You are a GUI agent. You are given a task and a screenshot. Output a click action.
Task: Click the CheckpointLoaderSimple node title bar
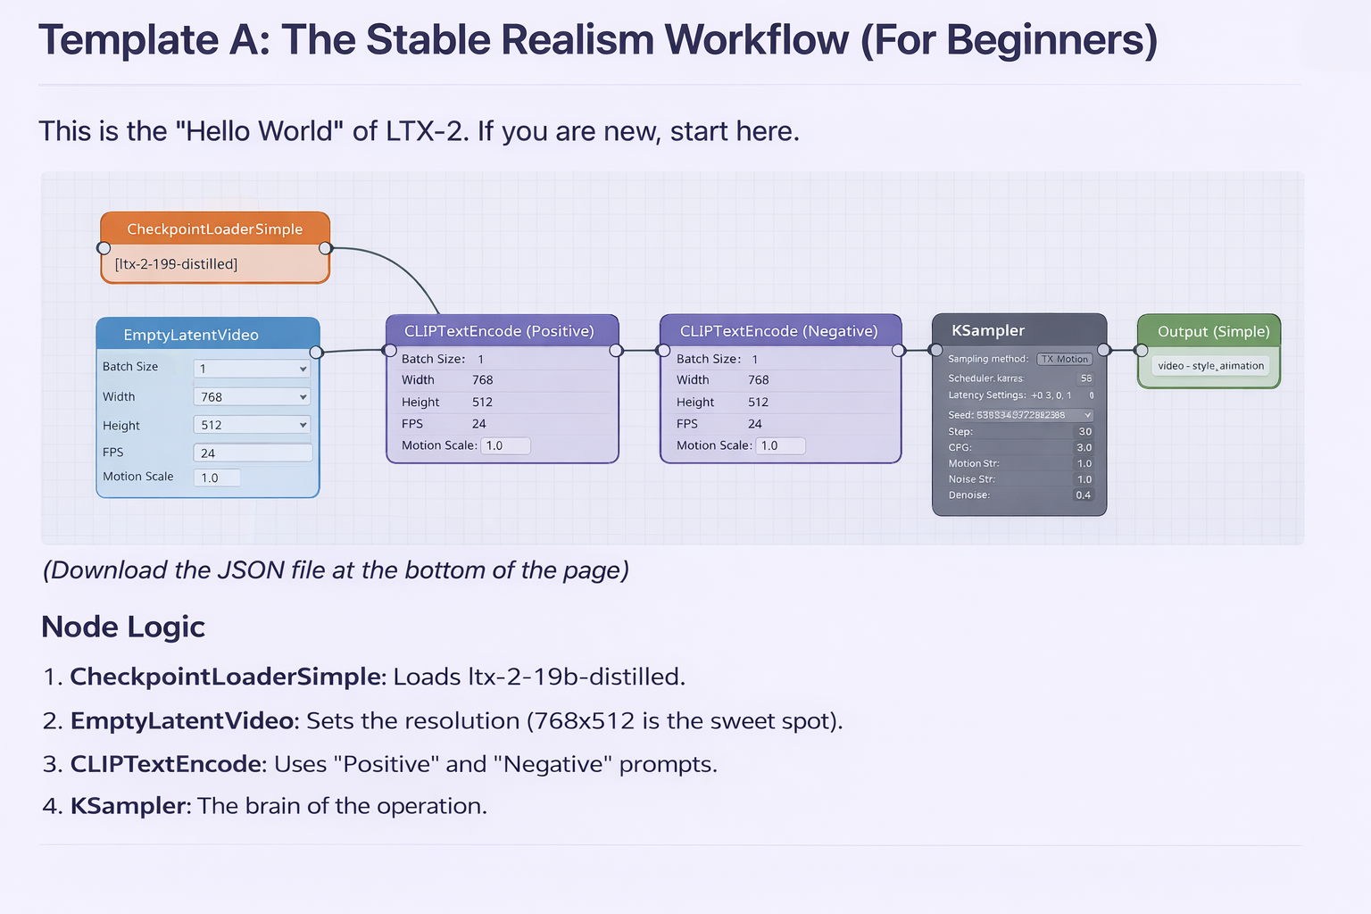tap(214, 228)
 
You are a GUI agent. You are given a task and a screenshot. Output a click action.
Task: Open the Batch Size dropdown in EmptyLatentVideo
tap(252, 369)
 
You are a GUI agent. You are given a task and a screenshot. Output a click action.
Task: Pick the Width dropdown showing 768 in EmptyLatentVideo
tap(252, 397)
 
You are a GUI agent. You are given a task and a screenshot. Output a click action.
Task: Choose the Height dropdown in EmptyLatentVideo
tap(252, 425)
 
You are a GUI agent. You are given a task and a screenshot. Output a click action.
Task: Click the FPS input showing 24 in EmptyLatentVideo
tap(253, 453)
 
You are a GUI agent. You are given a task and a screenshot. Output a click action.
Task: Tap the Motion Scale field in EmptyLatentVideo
tap(217, 478)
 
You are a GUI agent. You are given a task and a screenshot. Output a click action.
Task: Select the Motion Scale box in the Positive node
tap(505, 445)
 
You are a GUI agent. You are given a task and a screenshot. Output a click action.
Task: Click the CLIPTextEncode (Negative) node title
tap(779, 331)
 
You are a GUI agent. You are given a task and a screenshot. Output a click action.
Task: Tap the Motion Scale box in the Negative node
tap(780, 445)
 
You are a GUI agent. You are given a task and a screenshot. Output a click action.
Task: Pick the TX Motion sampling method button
tap(1064, 359)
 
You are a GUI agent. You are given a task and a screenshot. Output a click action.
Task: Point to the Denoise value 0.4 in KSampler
tap(1083, 495)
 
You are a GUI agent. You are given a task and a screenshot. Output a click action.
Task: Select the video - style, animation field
tap(1209, 366)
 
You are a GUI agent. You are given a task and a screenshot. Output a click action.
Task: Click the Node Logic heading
tap(123, 627)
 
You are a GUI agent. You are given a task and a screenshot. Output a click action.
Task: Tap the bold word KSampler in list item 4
tap(130, 806)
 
